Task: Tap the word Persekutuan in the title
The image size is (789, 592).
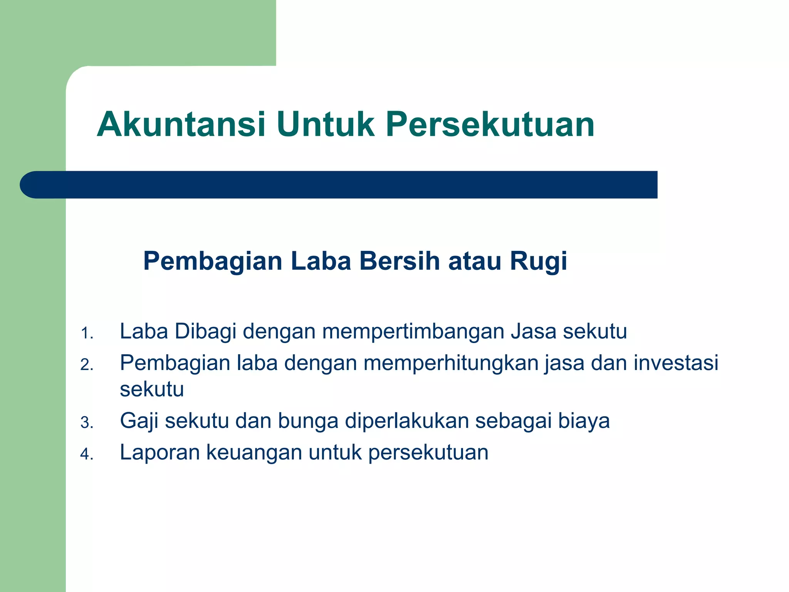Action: pos(490,124)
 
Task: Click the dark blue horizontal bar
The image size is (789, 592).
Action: pos(339,185)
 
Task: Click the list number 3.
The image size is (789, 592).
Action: pos(87,423)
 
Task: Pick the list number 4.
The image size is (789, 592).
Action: pos(87,454)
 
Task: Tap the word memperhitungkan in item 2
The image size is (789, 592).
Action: pos(451,363)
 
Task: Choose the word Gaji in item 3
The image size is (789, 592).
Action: pos(139,421)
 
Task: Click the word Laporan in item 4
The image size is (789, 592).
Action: pos(160,452)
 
